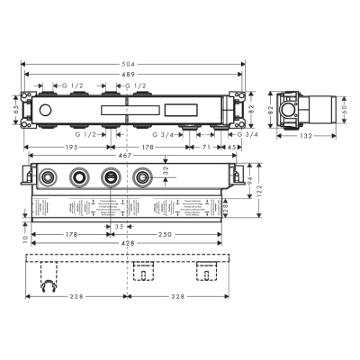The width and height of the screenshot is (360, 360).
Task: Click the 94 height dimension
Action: click(x=249, y=179)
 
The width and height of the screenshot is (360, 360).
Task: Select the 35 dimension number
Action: click(x=119, y=227)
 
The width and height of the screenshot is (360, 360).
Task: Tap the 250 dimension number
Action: click(x=166, y=234)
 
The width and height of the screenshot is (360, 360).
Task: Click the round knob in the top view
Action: click(x=43, y=108)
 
